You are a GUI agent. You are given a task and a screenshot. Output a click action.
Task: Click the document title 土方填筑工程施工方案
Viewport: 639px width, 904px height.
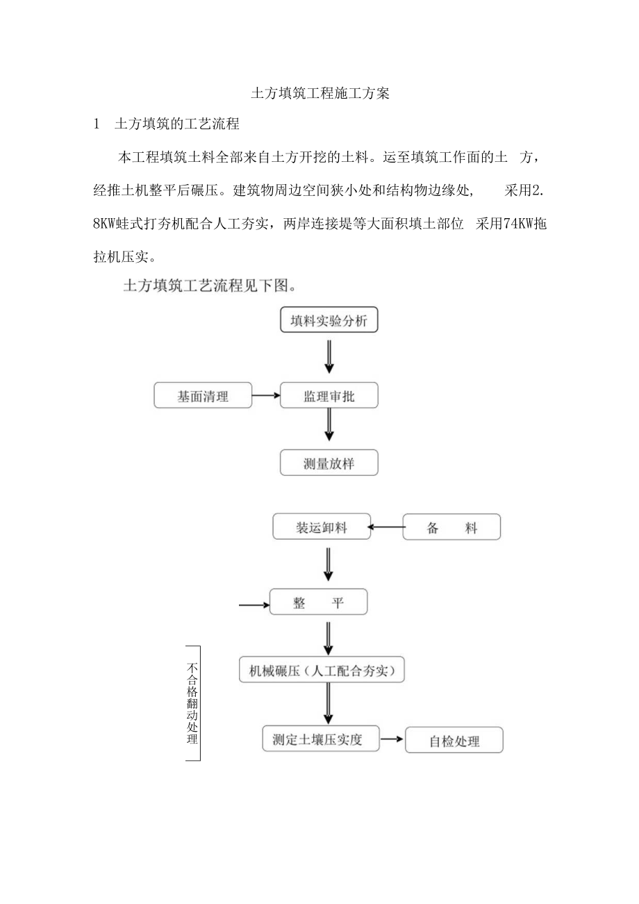[319, 94]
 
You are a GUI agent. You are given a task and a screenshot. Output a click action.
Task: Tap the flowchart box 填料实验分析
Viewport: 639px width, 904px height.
[329, 320]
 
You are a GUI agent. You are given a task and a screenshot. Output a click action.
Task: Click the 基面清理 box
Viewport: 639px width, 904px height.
[203, 396]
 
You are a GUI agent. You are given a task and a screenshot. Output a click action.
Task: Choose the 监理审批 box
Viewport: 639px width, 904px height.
[329, 396]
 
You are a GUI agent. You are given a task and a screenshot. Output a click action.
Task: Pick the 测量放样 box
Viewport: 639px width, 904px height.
[329, 463]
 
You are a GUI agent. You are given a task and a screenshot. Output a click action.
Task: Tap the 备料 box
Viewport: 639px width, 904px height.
[451, 528]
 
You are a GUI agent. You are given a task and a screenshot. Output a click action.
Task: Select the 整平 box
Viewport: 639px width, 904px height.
[319, 603]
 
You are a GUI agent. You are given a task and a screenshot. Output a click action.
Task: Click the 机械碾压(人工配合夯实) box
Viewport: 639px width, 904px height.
[322, 671]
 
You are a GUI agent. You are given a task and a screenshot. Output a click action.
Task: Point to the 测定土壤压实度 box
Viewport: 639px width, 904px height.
[322, 739]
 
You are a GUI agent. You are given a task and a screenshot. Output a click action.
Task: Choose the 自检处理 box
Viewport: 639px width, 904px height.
[454, 741]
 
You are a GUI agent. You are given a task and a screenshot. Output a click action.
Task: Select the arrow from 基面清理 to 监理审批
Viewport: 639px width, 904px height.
[265, 396]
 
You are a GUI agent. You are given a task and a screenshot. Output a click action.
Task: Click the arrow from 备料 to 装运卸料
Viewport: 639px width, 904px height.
[385, 527]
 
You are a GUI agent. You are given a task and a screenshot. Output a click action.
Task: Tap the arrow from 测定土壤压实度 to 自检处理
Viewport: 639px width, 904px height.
[392, 740]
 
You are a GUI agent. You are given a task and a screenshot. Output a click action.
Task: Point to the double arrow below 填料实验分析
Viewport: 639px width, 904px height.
[329, 357]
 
